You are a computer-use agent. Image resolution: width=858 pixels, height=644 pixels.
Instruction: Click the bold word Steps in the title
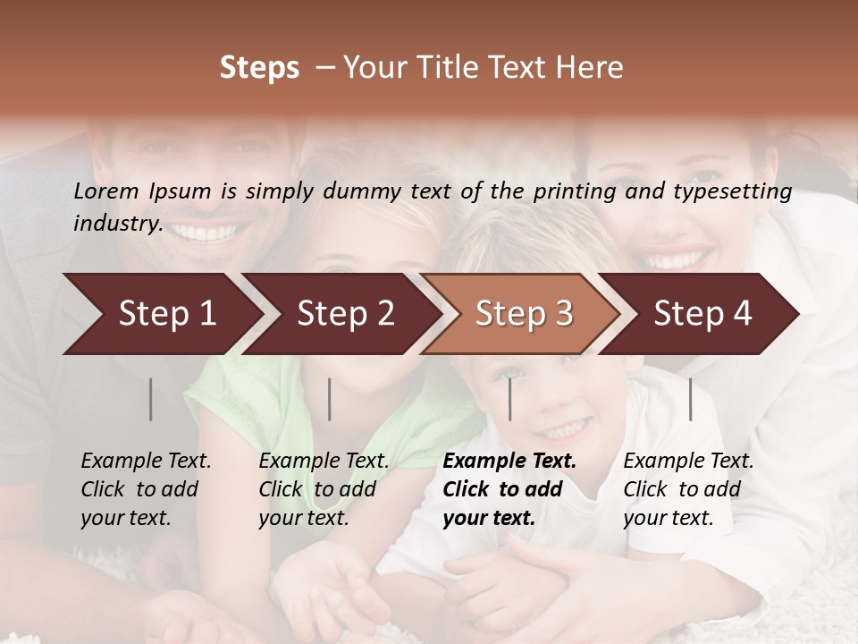pos(259,68)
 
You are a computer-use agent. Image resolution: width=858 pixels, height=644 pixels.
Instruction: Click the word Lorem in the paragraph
pos(106,191)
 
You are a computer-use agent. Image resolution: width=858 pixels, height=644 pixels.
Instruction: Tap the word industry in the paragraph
pos(117,223)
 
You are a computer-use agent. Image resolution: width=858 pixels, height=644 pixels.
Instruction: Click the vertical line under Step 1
pos(151,399)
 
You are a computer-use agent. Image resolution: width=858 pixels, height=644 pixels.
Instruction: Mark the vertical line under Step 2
pos(330,399)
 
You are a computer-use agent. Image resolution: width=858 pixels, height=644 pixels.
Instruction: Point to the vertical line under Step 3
pos(510,399)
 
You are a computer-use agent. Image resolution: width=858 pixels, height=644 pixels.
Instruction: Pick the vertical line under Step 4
pos(691,399)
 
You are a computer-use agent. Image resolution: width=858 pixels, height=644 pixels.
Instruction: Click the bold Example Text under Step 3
pos(509,461)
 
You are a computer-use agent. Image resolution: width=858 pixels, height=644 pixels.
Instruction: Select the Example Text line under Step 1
pos(146,461)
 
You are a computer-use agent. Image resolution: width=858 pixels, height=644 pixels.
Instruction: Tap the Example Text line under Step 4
pos(688,461)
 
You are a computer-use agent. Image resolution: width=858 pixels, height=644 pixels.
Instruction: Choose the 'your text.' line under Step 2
pos(304,518)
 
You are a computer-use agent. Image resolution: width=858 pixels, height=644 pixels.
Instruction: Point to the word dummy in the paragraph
pos(364,191)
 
